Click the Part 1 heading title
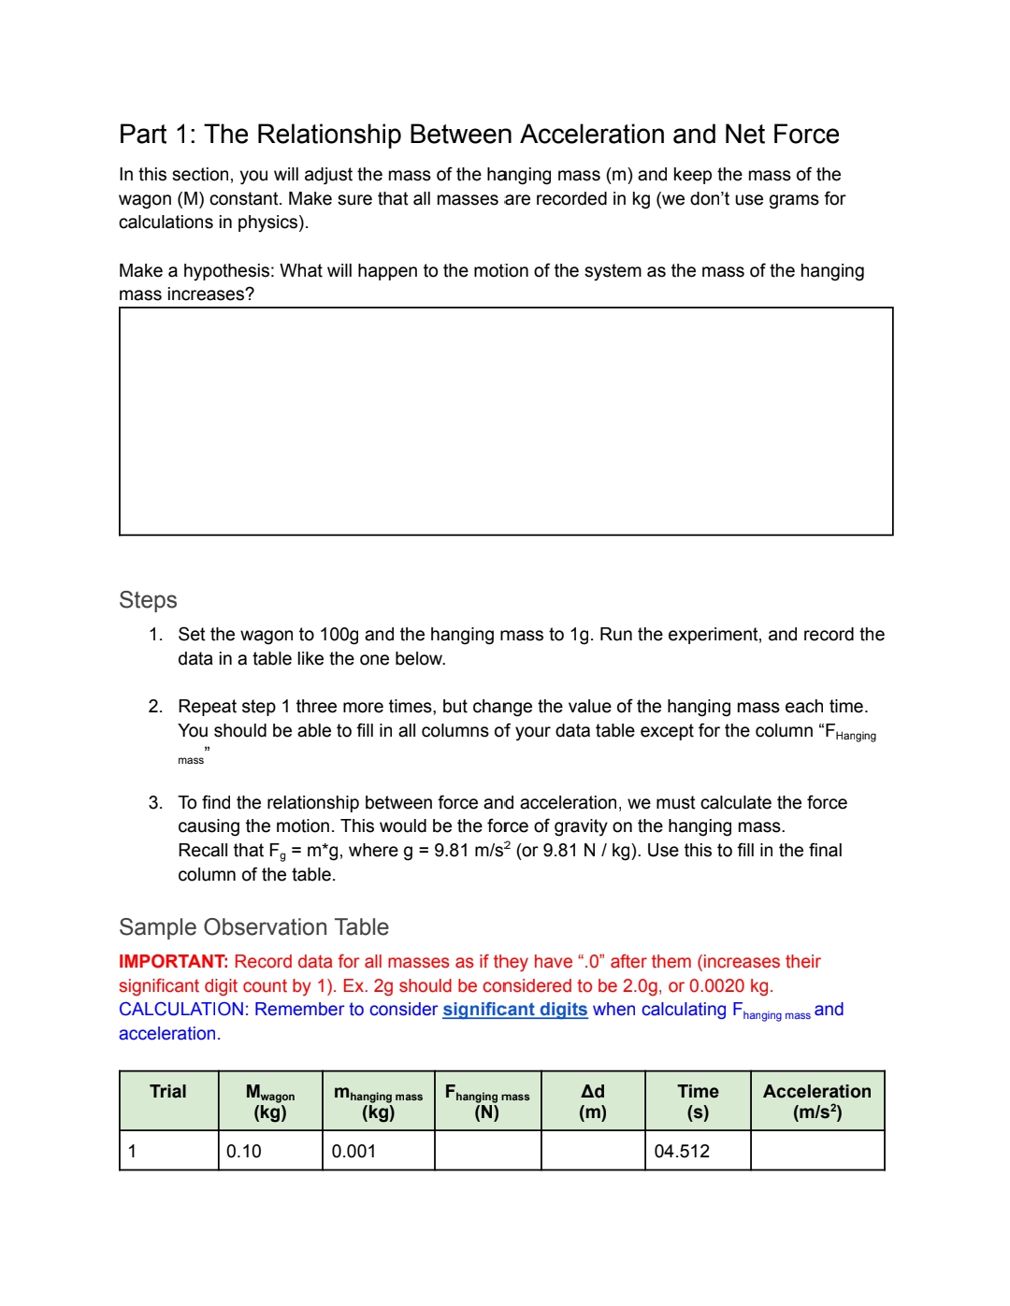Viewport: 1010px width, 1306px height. coord(479,135)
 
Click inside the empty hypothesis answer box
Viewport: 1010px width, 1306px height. coord(506,421)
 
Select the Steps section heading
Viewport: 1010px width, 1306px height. coord(148,600)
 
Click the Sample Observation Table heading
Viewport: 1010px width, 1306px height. coord(253,927)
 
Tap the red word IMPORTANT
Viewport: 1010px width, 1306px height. coord(173,962)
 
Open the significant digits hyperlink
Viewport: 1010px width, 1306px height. coord(514,1010)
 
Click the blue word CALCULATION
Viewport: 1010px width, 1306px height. coord(183,1010)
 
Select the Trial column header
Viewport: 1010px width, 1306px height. coord(168,1092)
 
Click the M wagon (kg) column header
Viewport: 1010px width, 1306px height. coord(270,1101)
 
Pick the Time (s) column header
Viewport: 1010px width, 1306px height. coord(698,1101)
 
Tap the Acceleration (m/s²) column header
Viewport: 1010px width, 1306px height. coord(816,1101)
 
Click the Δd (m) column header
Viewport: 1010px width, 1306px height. coord(593,1101)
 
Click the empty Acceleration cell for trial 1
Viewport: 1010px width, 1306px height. coord(816,1151)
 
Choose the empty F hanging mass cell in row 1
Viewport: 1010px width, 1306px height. coord(487,1151)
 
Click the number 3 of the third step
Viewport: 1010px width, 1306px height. coord(154,803)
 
